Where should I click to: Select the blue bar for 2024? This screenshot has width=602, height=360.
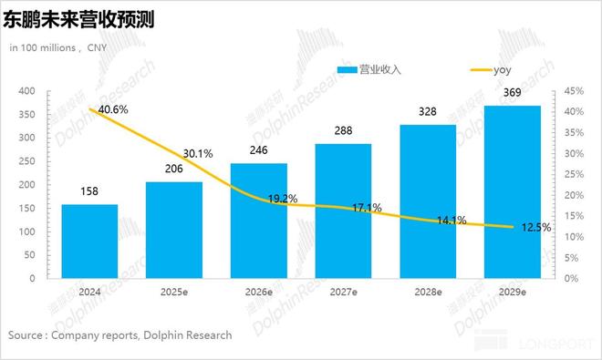tap(89, 241)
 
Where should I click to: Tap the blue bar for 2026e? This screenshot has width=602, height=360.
tap(258, 221)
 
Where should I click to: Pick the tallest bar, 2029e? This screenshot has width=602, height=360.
tap(513, 191)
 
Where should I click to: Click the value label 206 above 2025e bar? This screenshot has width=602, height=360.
tap(174, 170)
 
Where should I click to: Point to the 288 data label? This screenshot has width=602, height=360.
tap(343, 131)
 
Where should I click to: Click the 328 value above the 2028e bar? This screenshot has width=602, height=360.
tap(428, 112)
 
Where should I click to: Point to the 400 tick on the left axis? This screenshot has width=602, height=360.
tap(26, 91)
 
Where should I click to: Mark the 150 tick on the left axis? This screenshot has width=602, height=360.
tap(26, 208)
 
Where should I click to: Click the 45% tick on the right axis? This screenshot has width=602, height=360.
tap(573, 91)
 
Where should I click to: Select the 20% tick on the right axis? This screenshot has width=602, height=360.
tap(573, 195)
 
